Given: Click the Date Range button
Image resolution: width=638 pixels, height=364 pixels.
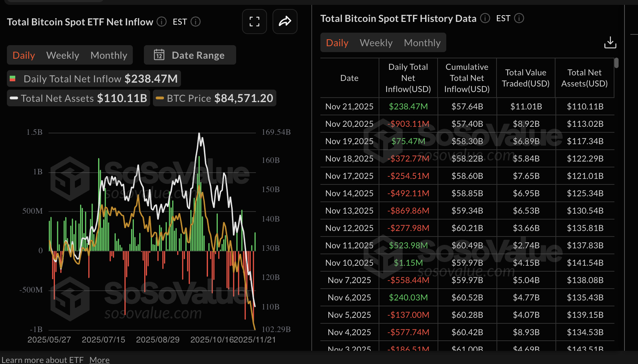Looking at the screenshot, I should (190, 55).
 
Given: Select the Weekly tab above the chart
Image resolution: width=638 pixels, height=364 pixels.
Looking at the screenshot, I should (63, 55).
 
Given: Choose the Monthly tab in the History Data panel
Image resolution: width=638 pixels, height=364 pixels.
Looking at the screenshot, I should (422, 43).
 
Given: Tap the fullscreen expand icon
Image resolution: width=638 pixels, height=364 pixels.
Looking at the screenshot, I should (254, 22).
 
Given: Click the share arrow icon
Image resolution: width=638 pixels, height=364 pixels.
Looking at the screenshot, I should (285, 22).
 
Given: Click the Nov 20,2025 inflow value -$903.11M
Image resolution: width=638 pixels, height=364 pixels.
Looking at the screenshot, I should (408, 124).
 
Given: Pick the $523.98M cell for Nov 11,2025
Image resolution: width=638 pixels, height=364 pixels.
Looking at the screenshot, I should (408, 246).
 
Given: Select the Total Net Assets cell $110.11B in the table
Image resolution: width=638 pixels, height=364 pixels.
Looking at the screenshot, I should (585, 107).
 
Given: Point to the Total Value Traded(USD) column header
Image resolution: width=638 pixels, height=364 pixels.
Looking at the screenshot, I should (526, 78).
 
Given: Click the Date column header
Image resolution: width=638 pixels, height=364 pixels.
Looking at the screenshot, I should (349, 78).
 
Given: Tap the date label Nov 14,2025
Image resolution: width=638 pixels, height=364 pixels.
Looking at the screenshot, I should (349, 193).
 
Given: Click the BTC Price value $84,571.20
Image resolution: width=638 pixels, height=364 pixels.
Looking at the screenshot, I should (243, 98).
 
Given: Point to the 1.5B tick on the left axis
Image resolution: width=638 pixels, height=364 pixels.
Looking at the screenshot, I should (34, 132).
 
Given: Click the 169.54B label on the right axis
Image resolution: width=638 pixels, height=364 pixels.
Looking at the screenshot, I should (276, 132).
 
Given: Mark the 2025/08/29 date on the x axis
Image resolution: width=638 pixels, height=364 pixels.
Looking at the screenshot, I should (158, 340).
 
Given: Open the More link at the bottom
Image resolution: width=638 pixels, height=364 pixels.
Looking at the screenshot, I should (100, 360).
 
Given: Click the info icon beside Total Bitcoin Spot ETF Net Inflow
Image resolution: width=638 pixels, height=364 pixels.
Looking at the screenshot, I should (161, 22).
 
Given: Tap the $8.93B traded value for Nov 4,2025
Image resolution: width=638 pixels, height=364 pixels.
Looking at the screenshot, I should (526, 332).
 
